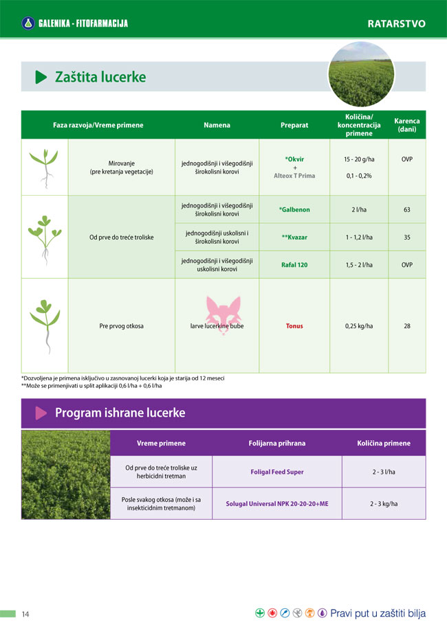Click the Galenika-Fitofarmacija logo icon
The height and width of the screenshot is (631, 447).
click(x=28, y=23)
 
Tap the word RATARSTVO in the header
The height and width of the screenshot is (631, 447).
click(x=396, y=23)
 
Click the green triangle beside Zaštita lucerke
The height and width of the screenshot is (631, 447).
click(x=41, y=78)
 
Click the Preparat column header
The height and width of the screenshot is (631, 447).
click(x=294, y=126)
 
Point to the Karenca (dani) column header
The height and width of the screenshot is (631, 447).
click(x=406, y=126)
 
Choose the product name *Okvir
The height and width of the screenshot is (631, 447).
click(x=294, y=159)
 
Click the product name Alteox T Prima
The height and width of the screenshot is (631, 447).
click(x=294, y=176)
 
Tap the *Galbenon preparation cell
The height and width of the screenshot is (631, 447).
click(x=294, y=209)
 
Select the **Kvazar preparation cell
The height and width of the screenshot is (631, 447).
click(x=294, y=237)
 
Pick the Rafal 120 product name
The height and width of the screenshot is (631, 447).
click(x=294, y=264)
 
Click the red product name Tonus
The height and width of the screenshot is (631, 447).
click(x=294, y=326)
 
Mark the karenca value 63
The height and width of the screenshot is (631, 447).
click(x=407, y=209)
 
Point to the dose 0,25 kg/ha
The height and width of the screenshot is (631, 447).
click(x=359, y=326)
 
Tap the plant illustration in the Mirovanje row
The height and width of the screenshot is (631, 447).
click(x=44, y=168)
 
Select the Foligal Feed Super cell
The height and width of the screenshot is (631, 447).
click(x=277, y=472)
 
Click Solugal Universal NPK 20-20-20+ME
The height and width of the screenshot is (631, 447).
click(x=277, y=503)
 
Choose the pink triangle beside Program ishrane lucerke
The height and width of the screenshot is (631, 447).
click(x=41, y=413)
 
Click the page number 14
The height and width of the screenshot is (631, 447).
click(x=25, y=613)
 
